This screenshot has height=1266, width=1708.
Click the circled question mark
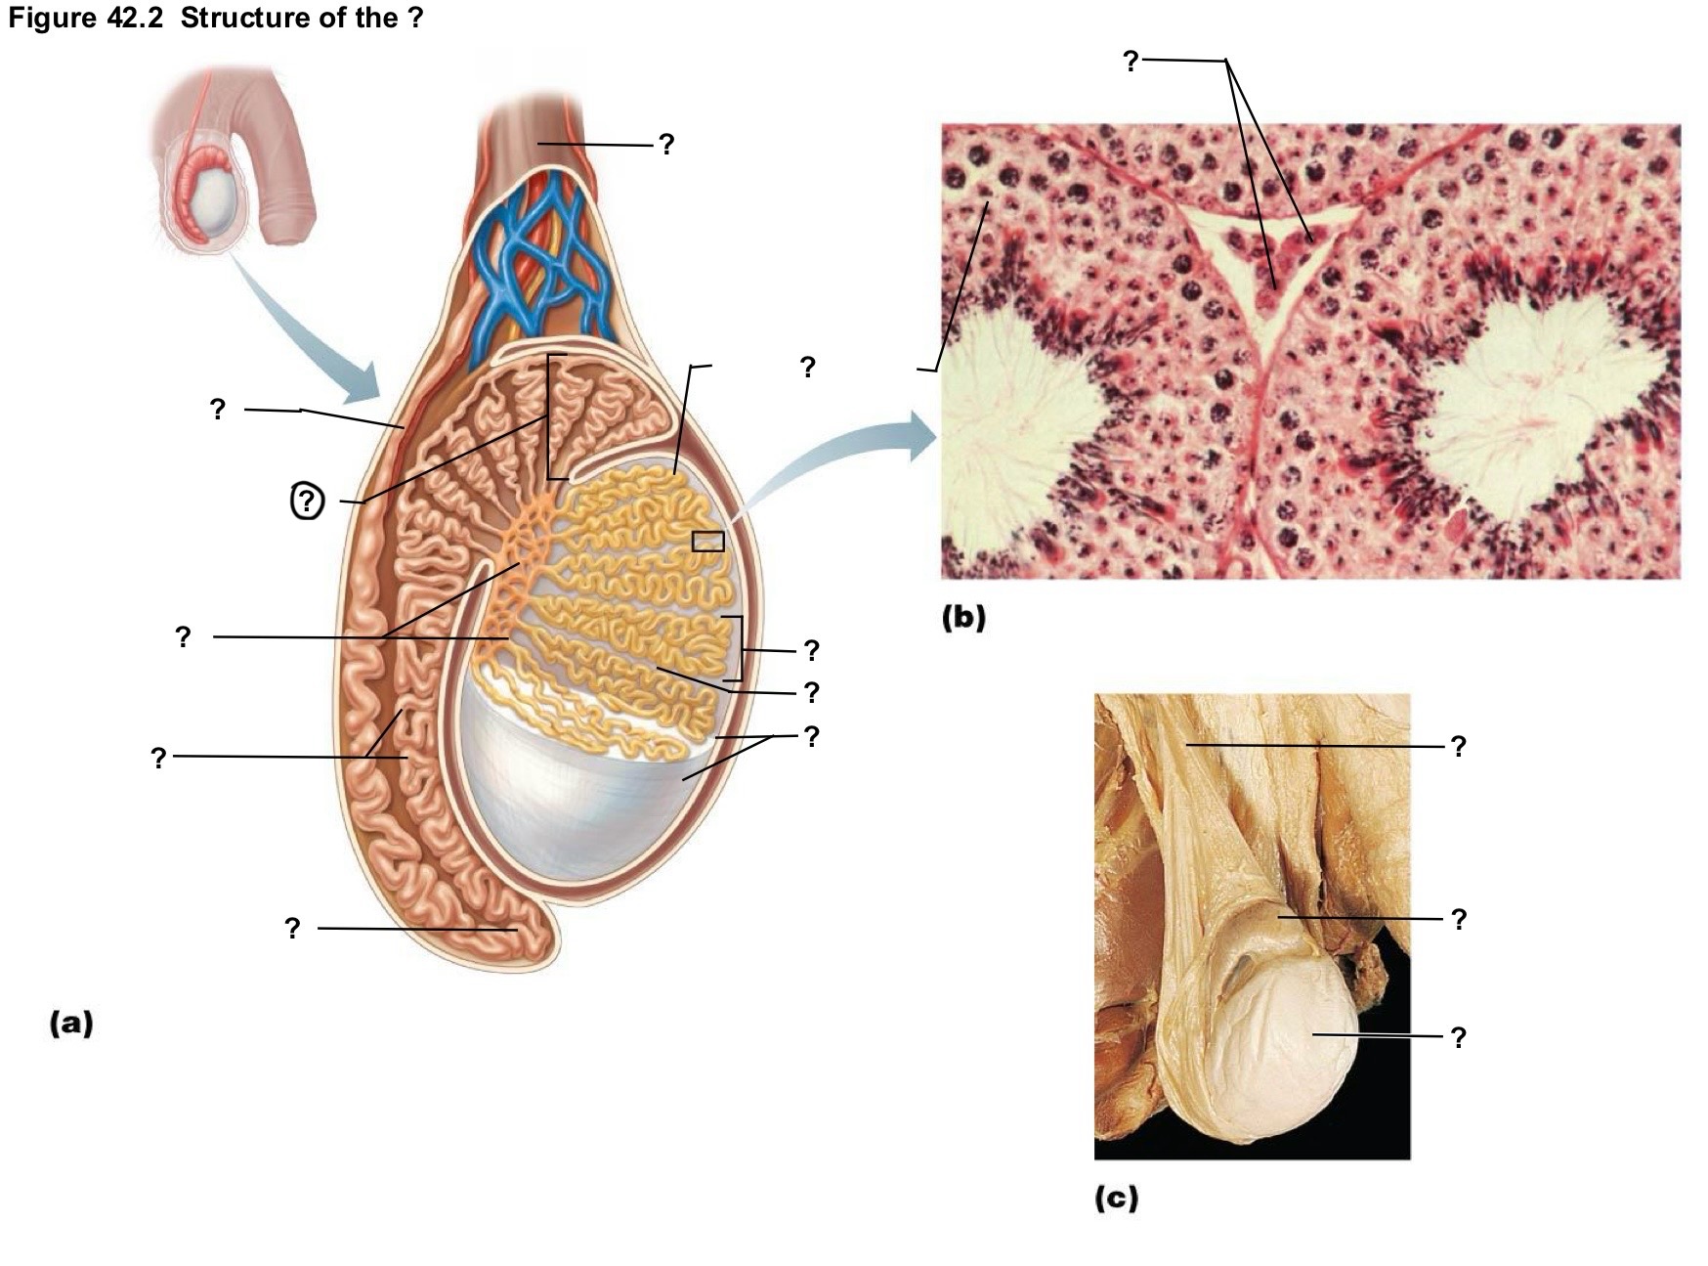point(308,502)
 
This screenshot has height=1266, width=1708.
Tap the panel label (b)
point(963,618)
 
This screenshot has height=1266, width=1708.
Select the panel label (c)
point(1117,1198)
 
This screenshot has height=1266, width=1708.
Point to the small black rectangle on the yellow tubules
point(707,541)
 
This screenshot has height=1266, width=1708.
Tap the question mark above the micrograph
point(1131,61)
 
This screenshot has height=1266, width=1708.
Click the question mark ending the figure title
point(415,19)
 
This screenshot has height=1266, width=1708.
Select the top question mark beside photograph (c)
point(1458,746)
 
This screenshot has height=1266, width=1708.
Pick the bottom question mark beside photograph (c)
point(1458,1036)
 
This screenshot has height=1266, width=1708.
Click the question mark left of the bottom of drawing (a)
point(292,928)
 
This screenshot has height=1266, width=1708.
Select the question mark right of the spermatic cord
point(665,145)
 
